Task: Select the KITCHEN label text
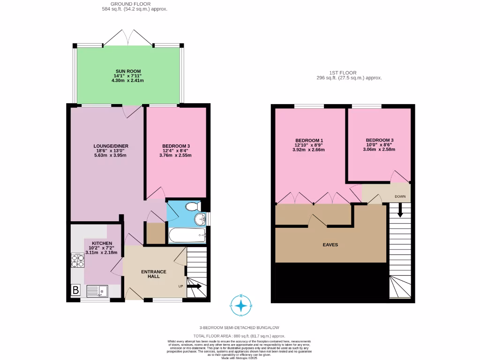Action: (102, 243)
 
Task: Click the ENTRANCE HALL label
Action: (154, 274)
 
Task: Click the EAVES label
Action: (330, 245)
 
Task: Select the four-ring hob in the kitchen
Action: (77, 261)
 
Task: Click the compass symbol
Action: (241, 306)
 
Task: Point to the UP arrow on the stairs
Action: (195, 286)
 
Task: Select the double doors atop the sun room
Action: (128, 37)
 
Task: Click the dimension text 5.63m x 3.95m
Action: (111, 156)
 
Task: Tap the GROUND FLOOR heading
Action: (135, 4)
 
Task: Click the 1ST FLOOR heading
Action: (342, 73)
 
